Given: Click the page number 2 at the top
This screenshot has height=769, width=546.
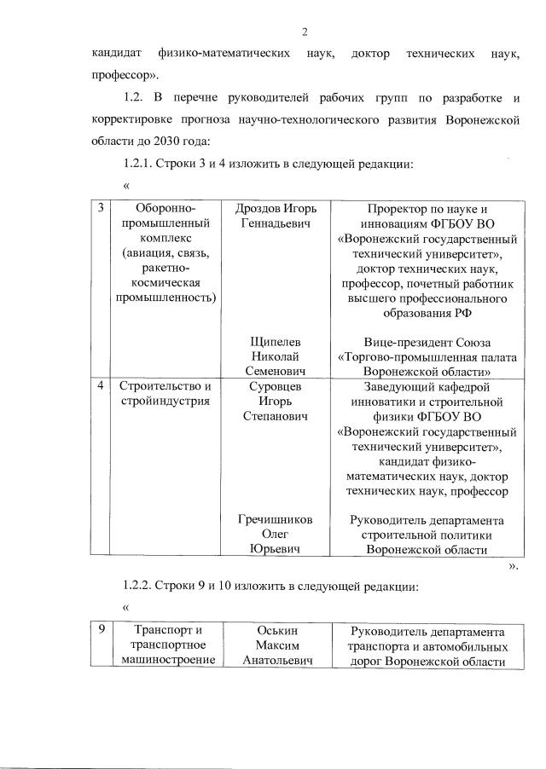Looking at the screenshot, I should click(305, 32).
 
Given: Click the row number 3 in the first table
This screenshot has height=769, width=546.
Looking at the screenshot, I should click(101, 208).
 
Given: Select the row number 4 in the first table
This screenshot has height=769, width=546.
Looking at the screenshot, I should click(101, 386).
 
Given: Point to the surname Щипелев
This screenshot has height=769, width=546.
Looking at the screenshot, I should click(274, 342).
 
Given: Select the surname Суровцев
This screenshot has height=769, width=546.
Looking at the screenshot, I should click(274, 386).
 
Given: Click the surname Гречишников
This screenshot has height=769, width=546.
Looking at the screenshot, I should click(274, 519).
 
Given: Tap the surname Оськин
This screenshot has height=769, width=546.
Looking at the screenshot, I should click(274, 631).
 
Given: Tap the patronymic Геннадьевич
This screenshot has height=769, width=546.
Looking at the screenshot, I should click(274, 223).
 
